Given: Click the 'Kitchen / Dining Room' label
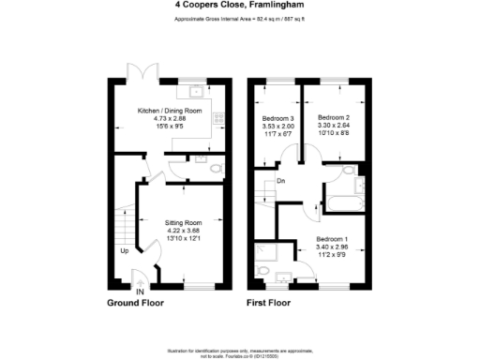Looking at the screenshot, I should [x=170, y=111].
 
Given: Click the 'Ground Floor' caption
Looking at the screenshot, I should [x=137, y=303].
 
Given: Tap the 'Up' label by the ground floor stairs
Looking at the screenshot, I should [x=123, y=250].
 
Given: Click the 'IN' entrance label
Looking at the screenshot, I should [x=140, y=292].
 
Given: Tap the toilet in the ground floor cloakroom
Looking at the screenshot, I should [x=216, y=169].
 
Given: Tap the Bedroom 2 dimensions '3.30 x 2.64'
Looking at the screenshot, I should [x=334, y=126].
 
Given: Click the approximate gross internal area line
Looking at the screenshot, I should [x=239, y=18].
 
